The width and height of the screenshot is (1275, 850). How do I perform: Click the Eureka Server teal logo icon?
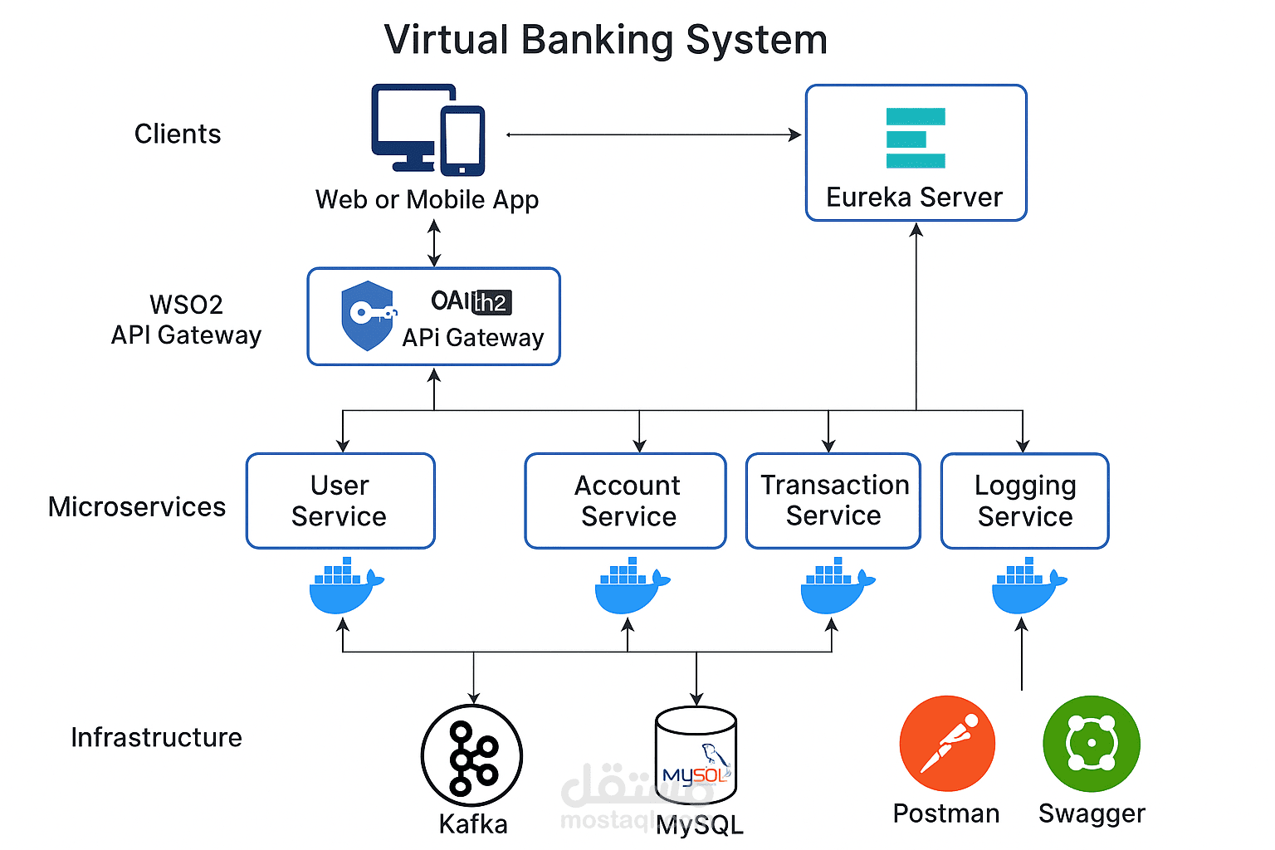pos(915,139)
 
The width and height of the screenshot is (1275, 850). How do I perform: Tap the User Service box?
pos(340,501)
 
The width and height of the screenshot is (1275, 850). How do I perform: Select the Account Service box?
pos(626,501)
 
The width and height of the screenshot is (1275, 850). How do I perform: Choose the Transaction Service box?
pos(833,501)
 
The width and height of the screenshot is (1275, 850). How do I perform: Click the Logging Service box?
pos(1024,501)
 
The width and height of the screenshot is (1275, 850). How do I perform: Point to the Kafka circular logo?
pos(471,755)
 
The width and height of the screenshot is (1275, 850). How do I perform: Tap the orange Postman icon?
pos(947,744)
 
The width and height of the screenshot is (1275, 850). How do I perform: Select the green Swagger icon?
pos(1092,744)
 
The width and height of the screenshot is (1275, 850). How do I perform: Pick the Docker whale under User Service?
pos(344,587)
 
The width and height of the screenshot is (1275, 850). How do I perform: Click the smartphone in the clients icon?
pos(462,141)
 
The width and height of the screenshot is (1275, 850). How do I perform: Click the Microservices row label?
pos(137,506)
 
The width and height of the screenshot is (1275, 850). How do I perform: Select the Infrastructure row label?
pos(156,737)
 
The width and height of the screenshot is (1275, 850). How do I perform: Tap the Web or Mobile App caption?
pos(427,200)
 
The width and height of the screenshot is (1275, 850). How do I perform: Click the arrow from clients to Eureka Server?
pos(653,134)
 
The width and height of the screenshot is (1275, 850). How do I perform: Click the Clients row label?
pos(178,134)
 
